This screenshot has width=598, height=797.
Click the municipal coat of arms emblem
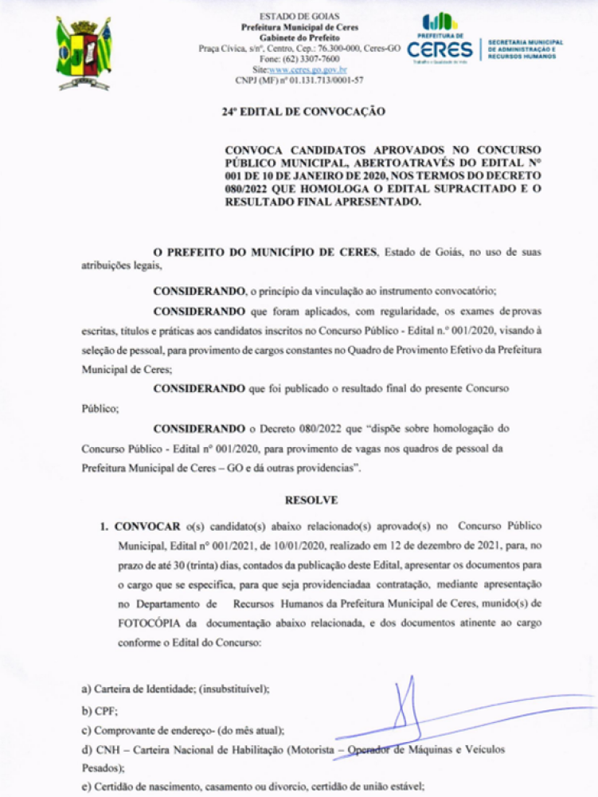pyautogui.click(x=84, y=51)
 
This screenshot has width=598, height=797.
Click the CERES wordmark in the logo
pyautogui.click(x=440, y=50)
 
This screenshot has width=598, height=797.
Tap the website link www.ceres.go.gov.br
pyautogui.click(x=307, y=69)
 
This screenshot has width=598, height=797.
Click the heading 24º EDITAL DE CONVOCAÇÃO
pyautogui.click(x=303, y=112)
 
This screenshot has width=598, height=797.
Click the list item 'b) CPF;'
pyautogui.click(x=94, y=709)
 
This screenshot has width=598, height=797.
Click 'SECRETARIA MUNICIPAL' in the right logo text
pyautogui.click(x=525, y=42)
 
